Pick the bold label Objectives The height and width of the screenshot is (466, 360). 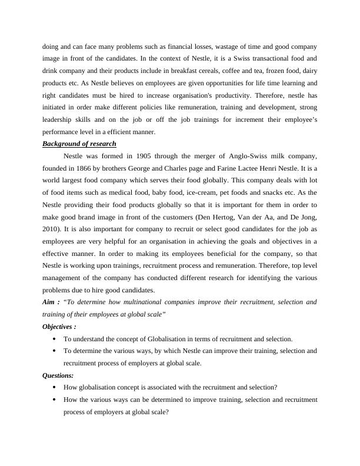point(58,327)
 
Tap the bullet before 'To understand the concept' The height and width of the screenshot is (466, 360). point(55,339)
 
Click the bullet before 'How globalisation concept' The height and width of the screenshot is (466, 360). point(55,388)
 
